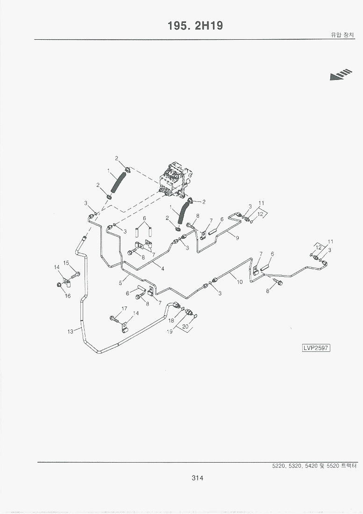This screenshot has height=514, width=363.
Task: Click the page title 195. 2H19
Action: click(x=195, y=26)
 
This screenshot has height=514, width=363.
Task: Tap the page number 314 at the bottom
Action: click(x=197, y=478)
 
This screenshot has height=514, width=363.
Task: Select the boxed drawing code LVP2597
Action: click(x=316, y=348)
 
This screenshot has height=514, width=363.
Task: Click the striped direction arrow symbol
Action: click(x=341, y=75)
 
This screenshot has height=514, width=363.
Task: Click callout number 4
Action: click(x=163, y=269)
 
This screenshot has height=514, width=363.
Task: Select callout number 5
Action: click(x=120, y=282)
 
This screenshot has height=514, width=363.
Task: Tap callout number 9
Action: click(x=237, y=238)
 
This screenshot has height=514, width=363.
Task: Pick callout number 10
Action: click(x=240, y=282)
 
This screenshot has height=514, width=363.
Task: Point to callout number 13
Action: click(x=70, y=331)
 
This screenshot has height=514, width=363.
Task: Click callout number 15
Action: click(x=66, y=263)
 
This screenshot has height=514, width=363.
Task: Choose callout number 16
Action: click(x=68, y=296)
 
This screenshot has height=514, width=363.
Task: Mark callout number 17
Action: click(x=124, y=308)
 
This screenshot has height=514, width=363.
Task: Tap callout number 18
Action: click(x=171, y=321)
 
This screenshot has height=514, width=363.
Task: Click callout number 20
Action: click(x=185, y=327)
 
